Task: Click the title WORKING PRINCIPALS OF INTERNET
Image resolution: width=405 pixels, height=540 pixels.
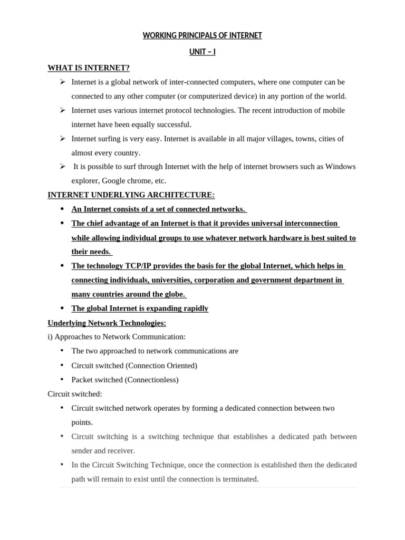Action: point(202,35)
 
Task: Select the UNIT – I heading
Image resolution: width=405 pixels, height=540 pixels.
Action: point(202,52)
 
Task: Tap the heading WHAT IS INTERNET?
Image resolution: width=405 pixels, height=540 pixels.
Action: point(89,67)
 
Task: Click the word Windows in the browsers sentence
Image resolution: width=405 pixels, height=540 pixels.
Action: point(341,167)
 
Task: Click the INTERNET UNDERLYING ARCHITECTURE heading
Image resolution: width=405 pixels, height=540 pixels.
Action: point(131,195)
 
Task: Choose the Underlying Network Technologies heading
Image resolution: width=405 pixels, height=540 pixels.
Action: point(107,323)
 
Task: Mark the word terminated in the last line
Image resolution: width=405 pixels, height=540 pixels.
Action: point(240,479)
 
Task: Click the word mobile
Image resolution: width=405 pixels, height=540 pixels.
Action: point(333,110)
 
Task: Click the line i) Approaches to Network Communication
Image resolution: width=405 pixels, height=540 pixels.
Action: point(117,336)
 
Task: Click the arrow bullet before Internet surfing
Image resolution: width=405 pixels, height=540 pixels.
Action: point(62,138)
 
